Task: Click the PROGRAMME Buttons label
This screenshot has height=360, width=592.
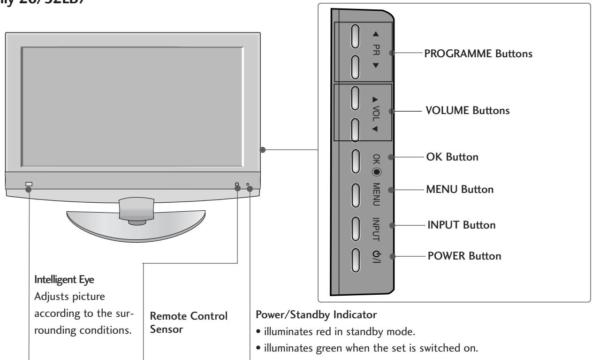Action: click(x=478, y=54)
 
